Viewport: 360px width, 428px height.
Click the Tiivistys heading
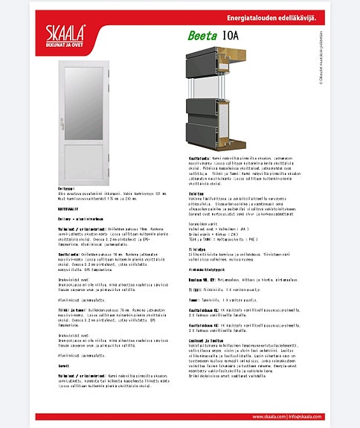[196, 249]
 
